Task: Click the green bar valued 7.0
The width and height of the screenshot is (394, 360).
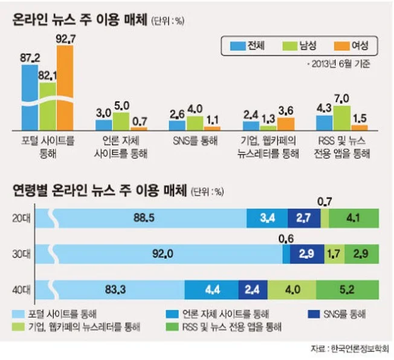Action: click(341, 118)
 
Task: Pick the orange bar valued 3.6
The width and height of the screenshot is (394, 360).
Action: click(286, 124)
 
